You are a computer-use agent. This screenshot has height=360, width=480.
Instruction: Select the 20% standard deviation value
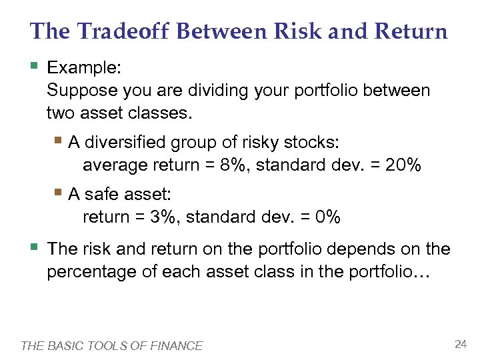coord(405,165)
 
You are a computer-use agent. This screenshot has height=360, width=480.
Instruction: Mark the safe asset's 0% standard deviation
coord(328,217)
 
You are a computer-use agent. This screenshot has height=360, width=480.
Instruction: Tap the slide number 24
coord(460,344)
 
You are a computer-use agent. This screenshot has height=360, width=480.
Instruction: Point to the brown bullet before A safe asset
coord(59,193)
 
